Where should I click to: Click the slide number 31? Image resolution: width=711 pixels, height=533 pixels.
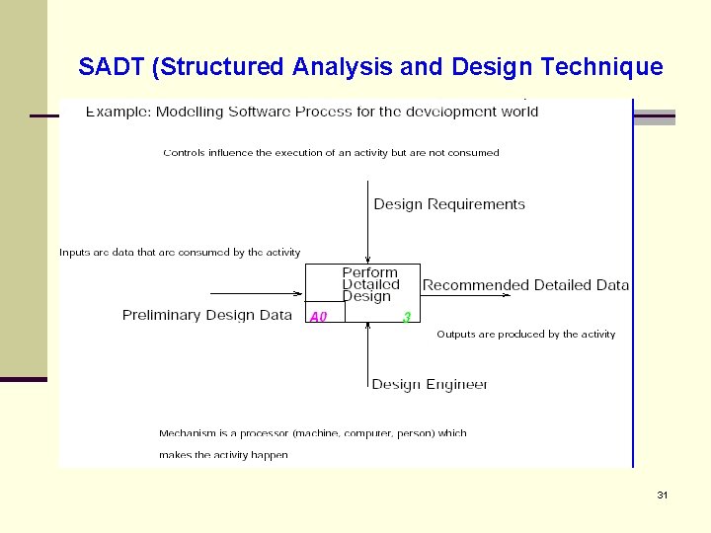click(x=662, y=495)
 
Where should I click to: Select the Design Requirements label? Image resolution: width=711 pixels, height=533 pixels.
click(x=449, y=204)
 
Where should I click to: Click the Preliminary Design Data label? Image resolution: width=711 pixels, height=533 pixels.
click(x=207, y=315)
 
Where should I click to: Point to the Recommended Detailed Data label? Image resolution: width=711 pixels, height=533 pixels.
click(x=525, y=285)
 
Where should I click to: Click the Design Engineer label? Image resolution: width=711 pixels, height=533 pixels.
click(x=430, y=384)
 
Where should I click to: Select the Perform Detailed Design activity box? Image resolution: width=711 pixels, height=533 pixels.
click(x=363, y=284)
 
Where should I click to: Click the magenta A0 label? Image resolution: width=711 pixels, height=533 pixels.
click(x=318, y=317)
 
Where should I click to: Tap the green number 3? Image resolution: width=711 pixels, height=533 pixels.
click(x=406, y=317)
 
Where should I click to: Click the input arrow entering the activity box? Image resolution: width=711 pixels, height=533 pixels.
click(x=257, y=293)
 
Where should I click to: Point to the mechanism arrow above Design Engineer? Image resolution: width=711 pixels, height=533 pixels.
click(x=367, y=349)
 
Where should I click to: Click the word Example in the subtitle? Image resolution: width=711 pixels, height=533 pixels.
click(x=117, y=112)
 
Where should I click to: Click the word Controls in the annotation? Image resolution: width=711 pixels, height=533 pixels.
click(x=184, y=153)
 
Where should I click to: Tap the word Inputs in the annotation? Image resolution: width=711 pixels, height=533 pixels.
click(x=76, y=253)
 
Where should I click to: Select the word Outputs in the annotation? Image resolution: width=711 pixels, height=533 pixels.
click(x=456, y=335)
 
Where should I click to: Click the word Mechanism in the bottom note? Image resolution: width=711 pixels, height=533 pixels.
click(x=189, y=433)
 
